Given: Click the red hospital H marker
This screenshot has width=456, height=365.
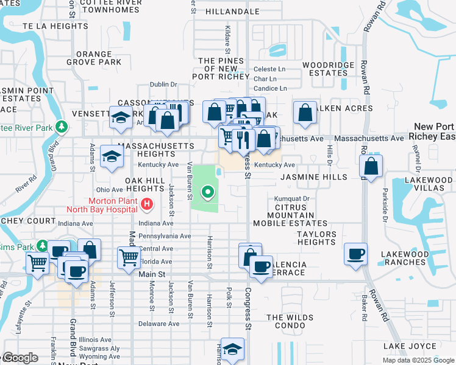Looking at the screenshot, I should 146,205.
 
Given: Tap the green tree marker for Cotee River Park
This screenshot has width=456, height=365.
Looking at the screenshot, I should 61,127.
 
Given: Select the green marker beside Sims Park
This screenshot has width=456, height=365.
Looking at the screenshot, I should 42,245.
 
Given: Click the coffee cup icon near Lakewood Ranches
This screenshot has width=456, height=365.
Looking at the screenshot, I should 356,254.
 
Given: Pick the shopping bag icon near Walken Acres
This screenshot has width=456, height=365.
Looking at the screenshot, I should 305,113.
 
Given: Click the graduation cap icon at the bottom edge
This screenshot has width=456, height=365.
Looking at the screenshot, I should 232,349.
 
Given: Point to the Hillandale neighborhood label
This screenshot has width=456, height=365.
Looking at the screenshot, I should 233,12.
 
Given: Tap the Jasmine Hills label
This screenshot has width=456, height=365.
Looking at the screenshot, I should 313,177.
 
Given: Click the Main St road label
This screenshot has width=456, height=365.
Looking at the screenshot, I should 152,274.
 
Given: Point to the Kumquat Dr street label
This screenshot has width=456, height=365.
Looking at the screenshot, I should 292,198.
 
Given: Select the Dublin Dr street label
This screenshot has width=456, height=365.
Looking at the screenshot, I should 163,85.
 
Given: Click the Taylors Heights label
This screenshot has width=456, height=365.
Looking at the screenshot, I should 317,238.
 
